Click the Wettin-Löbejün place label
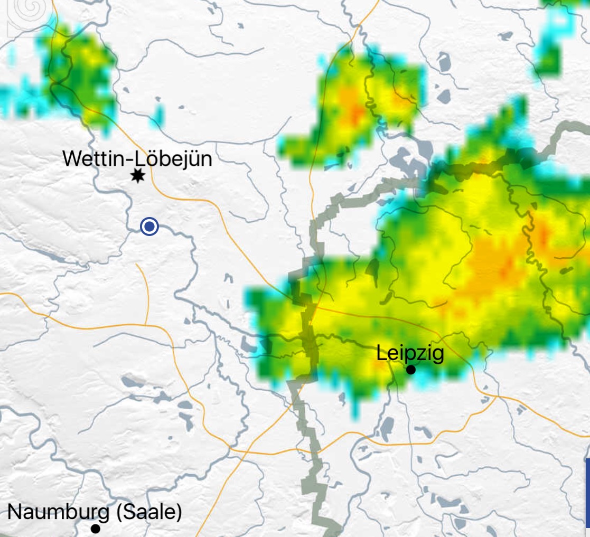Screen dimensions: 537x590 pyautogui.click(x=137, y=158)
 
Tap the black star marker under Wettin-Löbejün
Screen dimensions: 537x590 pyautogui.click(x=138, y=176)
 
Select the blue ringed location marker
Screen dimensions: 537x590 pyautogui.click(x=149, y=227)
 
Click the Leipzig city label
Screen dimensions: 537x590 pyautogui.click(x=410, y=353)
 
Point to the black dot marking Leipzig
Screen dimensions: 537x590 pyautogui.click(x=410, y=370)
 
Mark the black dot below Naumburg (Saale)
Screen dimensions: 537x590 pyautogui.click(x=95, y=528)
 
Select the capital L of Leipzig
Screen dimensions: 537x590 pyautogui.click(x=381, y=353)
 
